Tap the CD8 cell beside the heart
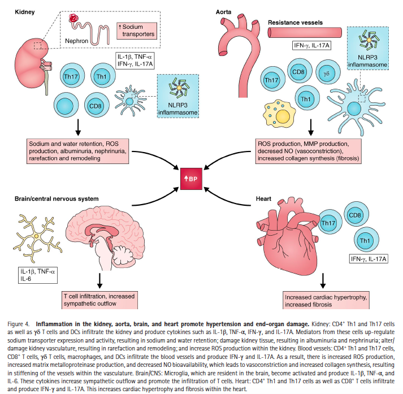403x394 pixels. tap(356, 215)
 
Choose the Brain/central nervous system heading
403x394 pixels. tap(57, 199)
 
